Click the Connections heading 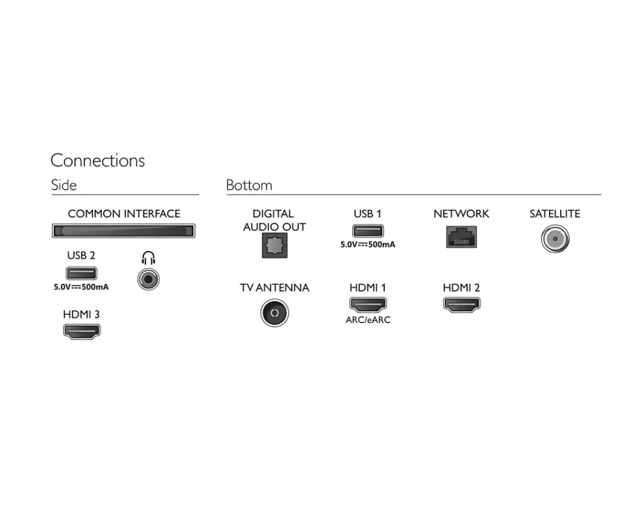(97, 160)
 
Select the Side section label (63, 185)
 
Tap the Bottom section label (249, 185)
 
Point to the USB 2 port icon (81, 273)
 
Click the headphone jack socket (148, 279)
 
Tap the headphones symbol (148, 258)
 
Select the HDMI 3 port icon (81, 331)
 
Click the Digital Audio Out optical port (274, 245)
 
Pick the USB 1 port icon (367, 230)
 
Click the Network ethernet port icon (461, 236)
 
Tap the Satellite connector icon (555, 240)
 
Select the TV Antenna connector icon (274, 313)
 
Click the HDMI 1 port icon (367, 304)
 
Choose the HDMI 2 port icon (461, 304)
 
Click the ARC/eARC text (368, 320)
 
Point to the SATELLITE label (555, 214)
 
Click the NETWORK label (461, 214)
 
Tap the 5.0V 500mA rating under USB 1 (367, 244)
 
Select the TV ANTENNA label (274, 288)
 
